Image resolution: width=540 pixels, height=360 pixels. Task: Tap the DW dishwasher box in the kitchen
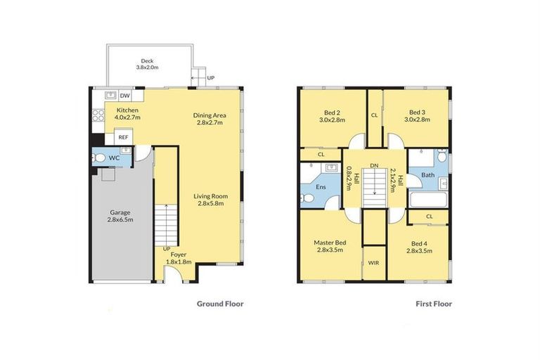tap(124, 96)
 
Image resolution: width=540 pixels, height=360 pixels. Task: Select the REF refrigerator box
tap(123, 138)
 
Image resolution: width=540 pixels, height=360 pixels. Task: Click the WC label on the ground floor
tap(114, 158)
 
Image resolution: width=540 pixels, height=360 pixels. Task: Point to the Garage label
tap(121, 215)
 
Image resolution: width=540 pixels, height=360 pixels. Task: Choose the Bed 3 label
tap(417, 116)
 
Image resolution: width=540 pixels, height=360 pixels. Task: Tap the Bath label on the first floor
tap(427, 175)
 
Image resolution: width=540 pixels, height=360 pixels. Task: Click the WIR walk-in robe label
tap(373, 262)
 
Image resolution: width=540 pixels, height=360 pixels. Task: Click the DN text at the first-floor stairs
tap(375, 165)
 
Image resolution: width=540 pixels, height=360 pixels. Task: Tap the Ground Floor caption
tap(219, 304)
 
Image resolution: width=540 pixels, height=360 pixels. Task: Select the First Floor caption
tap(432, 304)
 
